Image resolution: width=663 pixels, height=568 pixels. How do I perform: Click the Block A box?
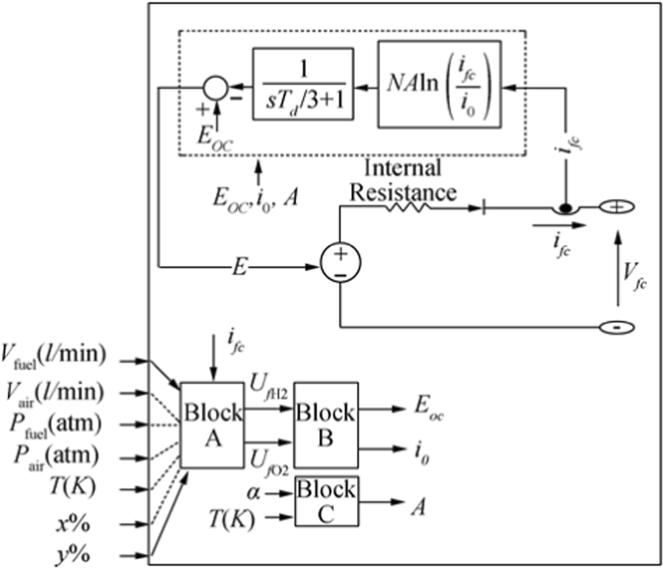click(x=212, y=425)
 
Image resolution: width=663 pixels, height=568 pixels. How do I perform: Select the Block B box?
click(x=326, y=425)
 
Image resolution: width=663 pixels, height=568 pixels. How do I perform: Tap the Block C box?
click(x=326, y=501)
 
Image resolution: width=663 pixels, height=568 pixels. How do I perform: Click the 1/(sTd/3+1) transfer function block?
click(x=303, y=83)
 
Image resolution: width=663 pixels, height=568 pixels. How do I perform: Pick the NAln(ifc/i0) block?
click(x=440, y=84)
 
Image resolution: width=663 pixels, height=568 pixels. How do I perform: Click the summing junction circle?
click(x=216, y=88)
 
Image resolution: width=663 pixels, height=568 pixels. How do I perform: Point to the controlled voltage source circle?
click(x=340, y=262)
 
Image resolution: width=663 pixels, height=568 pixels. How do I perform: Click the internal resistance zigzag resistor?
click(x=407, y=207)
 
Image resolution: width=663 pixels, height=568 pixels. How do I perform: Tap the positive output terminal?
click(x=617, y=207)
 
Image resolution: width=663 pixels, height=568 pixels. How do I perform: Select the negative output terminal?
click(x=617, y=327)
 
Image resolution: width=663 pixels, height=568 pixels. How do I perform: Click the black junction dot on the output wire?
click(x=565, y=208)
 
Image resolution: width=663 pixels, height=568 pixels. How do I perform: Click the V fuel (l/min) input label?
click(x=53, y=356)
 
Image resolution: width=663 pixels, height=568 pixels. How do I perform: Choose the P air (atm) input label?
click(x=56, y=457)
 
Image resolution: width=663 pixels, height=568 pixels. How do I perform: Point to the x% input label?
click(x=73, y=524)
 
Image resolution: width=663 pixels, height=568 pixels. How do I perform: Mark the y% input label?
click(x=73, y=556)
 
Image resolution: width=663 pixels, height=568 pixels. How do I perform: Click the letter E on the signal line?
click(x=239, y=267)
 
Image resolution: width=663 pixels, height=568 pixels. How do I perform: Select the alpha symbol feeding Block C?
click(x=253, y=493)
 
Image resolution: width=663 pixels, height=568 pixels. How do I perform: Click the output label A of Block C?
click(x=418, y=506)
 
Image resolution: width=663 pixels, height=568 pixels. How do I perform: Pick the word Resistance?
click(x=403, y=192)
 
